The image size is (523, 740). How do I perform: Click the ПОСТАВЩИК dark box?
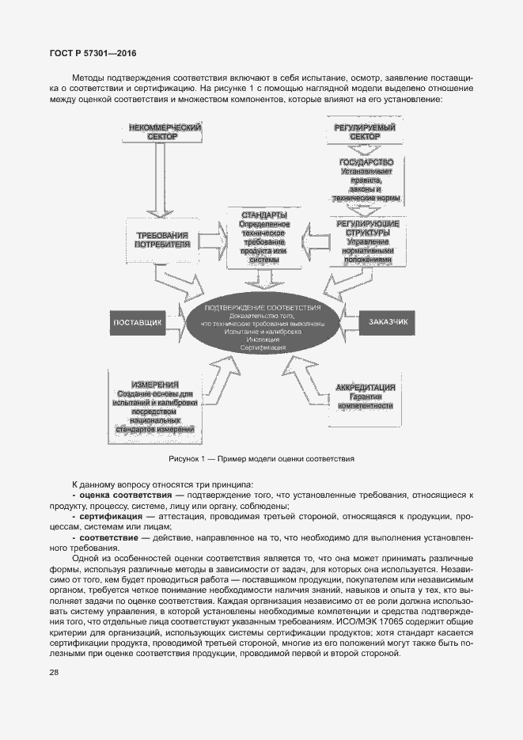click(x=138, y=323)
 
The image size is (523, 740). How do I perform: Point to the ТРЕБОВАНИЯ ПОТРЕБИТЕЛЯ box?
click(x=163, y=240)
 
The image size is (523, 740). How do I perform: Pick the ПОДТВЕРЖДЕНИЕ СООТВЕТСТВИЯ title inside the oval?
click(x=262, y=307)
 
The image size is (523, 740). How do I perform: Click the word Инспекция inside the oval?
click(x=263, y=340)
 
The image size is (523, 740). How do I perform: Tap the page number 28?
click(x=32, y=672)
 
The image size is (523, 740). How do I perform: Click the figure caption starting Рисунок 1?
click(x=261, y=459)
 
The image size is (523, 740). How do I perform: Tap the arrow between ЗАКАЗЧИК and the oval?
click(x=348, y=322)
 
